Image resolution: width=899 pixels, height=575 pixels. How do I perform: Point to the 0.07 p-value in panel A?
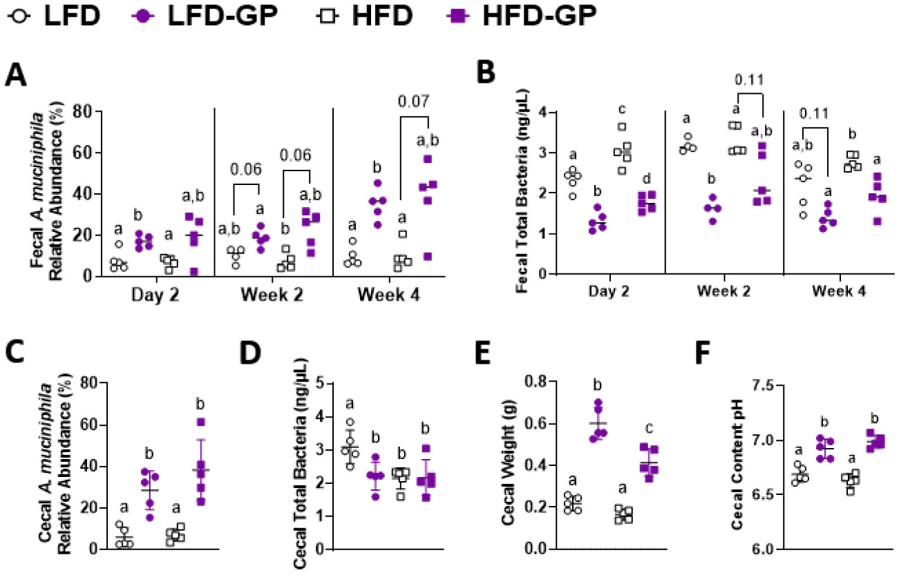[415, 102]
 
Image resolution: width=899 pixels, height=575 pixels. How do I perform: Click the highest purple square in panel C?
[202, 422]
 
